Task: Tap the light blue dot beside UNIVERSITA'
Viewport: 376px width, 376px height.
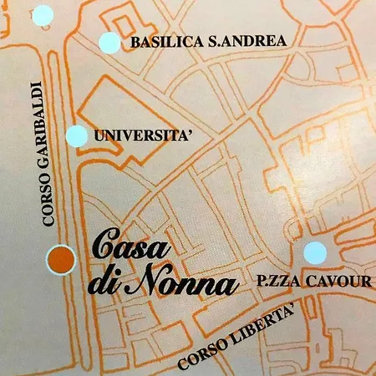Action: coord(76,136)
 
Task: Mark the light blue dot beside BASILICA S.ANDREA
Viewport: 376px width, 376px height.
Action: coord(109,43)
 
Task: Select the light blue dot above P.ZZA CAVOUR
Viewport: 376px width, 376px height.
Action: coord(314,252)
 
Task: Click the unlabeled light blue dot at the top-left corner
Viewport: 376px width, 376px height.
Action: coord(41,14)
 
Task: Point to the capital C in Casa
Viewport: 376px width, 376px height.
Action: coord(104,248)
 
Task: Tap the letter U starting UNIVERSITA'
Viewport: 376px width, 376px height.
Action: coord(101,134)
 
